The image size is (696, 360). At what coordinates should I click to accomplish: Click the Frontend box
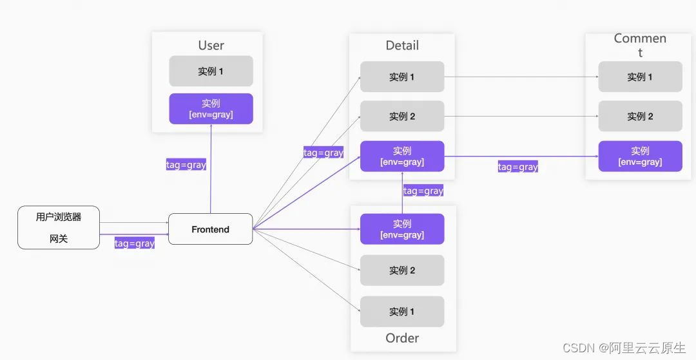(x=210, y=229)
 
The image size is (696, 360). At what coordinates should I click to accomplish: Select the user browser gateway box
(x=59, y=228)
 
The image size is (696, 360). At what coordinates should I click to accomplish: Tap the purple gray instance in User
(x=211, y=109)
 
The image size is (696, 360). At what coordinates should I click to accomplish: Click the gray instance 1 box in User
(x=211, y=71)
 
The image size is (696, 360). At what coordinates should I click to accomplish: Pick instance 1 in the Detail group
(x=401, y=77)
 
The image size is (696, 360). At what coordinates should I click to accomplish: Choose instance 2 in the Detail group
(x=401, y=117)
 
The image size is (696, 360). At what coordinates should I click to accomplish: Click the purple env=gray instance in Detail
(x=401, y=156)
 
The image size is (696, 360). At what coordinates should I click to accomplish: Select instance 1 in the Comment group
(x=640, y=77)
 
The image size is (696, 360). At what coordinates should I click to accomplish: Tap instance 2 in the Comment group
(x=640, y=117)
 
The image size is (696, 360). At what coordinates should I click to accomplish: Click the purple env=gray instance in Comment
(x=640, y=156)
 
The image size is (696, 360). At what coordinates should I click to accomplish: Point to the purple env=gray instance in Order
(x=401, y=229)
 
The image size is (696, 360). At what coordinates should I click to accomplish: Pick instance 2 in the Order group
(x=401, y=270)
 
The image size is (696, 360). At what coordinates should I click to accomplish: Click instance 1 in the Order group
(x=401, y=312)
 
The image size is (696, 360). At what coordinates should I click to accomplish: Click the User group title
(x=211, y=45)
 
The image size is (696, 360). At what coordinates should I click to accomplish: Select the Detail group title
(x=402, y=45)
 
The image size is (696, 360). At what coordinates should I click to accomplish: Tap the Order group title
(x=402, y=338)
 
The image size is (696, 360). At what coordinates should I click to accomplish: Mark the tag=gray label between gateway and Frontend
(x=135, y=243)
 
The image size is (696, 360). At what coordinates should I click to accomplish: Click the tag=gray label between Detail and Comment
(x=517, y=167)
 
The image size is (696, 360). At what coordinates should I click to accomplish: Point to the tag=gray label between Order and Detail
(x=423, y=191)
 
